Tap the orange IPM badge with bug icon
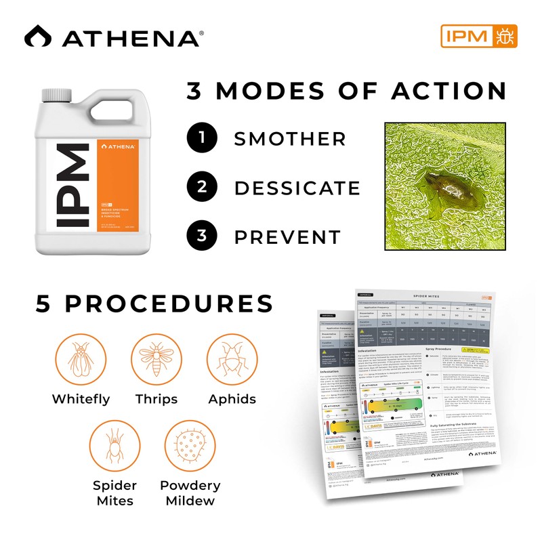point(479,36)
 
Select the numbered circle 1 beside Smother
point(202,139)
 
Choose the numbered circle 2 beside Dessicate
point(202,188)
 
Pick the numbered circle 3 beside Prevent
point(202,236)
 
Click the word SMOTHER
point(290,140)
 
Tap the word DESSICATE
point(297,188)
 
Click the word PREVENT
point(287,237)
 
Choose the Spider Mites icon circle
point(115,446)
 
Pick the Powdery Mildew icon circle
point(190,446)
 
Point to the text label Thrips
point(156,398)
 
